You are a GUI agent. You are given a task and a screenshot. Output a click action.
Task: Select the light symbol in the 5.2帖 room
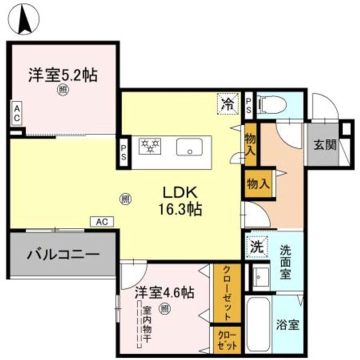[x=62, y=90]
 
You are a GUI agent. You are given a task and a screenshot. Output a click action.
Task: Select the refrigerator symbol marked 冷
[x=228, y=105]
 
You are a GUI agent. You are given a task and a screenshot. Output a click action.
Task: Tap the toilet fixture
[x=273, y=104]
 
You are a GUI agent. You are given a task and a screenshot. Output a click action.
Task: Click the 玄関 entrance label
[x=325, y=145]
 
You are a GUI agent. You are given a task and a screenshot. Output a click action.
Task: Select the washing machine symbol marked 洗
[x=256, y=246]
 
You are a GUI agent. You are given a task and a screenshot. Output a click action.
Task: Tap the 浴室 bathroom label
[x=288, y=324]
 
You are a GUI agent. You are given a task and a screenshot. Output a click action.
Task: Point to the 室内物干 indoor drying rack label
[x=147, y=324]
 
